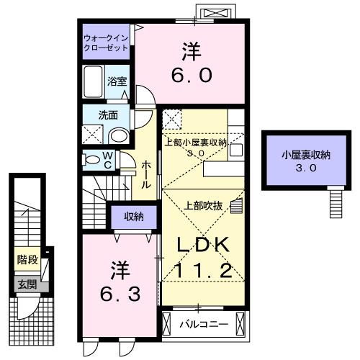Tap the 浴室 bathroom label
point(117,81)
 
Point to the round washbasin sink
point(118,136)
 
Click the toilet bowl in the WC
point(93,160)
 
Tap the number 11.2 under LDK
point(204,270)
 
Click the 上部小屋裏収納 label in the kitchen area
point(196,142)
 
